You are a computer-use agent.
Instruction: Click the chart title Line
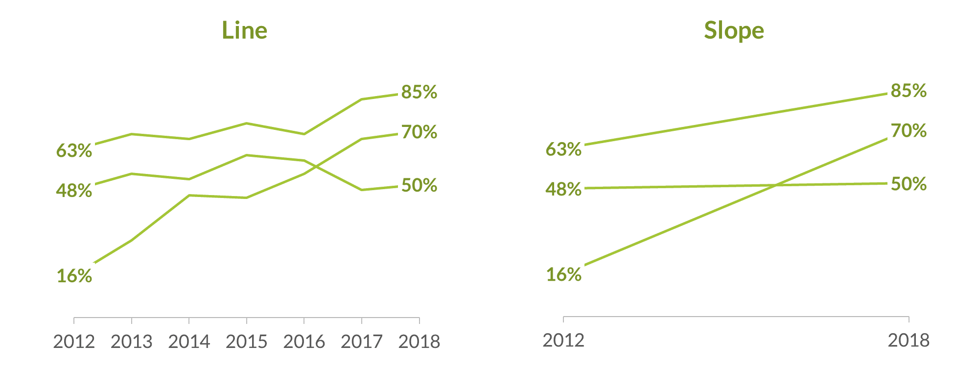(244, 30)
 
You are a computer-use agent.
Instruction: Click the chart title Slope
(734, 30)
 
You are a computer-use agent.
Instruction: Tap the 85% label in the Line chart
(419, 92)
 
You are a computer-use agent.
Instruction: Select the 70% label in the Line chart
(419, 132)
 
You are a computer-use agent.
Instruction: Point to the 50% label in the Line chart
(419, 185)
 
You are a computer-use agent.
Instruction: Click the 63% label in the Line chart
(74, 150)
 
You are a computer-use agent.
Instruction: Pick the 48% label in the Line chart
(74, 191)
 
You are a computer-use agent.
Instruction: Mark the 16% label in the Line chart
(74, 276)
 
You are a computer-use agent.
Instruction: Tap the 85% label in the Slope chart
(909, 91)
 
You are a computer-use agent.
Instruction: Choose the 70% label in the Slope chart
(909, 131)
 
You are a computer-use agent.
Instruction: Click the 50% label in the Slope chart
(909, 184)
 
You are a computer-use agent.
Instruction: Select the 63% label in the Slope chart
(563, 149)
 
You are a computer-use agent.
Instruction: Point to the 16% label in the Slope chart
(564, 274)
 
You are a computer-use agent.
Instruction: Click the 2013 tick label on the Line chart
(131, 342)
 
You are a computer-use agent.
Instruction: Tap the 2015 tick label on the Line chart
(246, 342)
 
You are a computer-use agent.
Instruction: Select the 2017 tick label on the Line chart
(361, 342)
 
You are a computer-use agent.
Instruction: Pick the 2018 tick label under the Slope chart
(909, 340)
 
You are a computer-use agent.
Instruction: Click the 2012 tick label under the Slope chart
(563, 340)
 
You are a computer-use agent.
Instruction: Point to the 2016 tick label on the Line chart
(304, 342)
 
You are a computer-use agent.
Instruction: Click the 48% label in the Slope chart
(563, 189)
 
